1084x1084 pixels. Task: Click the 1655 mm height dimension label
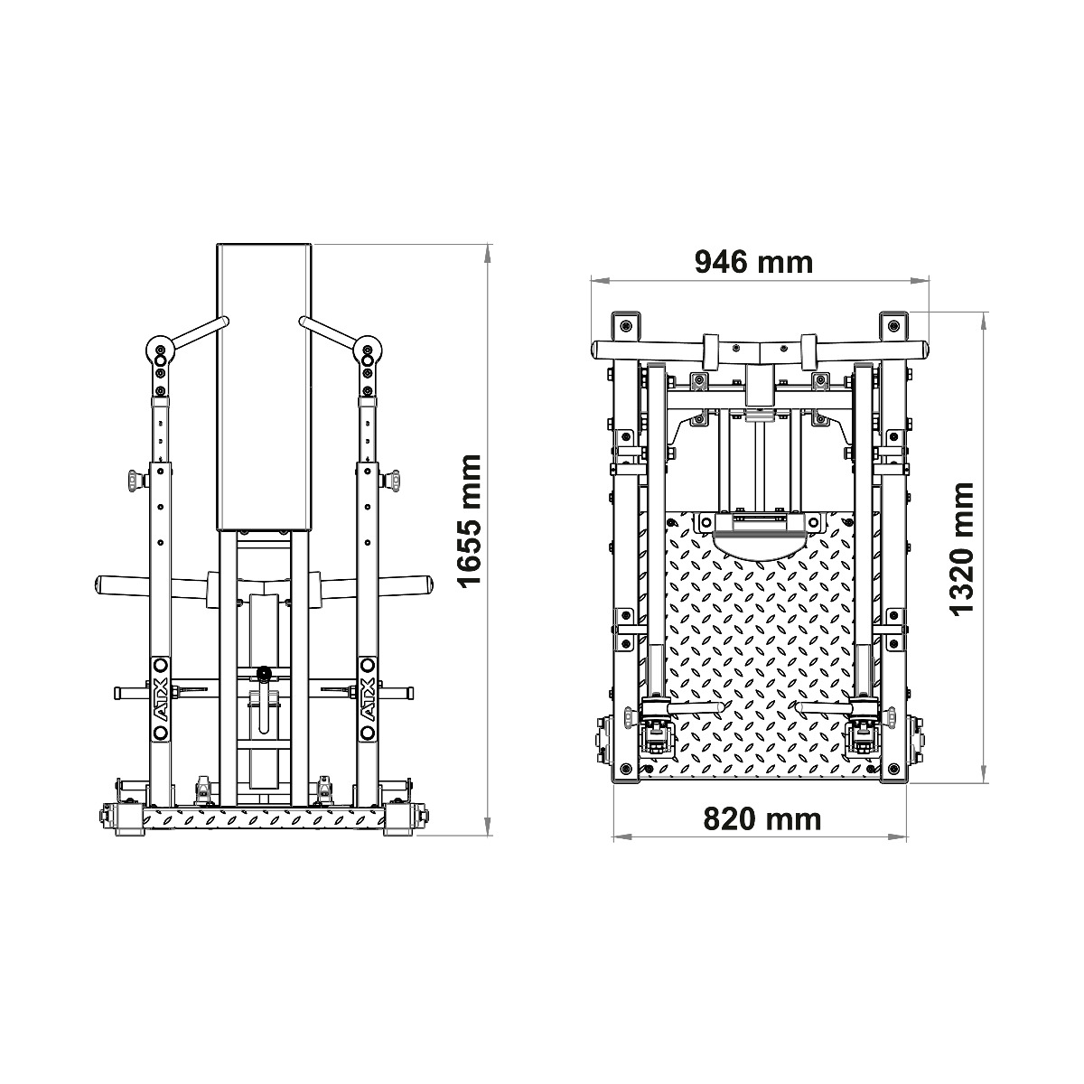(x=471, y=534)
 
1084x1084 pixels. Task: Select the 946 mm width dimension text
(x=753, y=262)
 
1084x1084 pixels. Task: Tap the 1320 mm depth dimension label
(x=962, y=548)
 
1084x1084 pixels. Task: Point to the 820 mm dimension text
(x=762, y=818)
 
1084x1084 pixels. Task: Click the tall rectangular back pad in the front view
(x=264, y=387)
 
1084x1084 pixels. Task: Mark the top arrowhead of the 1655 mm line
(x=489, y=250)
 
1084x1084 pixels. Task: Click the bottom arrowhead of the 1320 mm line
(x=984, y=777)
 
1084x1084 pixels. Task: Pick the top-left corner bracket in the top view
(x=624, y=325)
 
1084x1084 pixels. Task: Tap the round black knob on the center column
(x=264, y=673)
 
